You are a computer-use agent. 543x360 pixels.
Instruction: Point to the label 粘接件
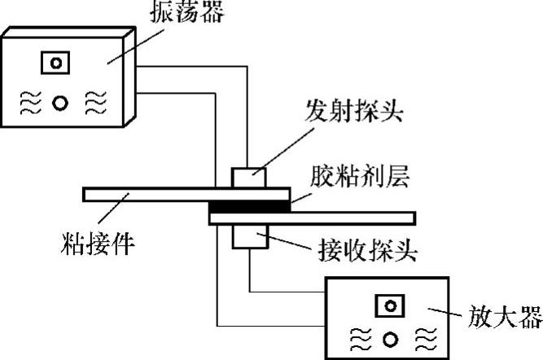click(99, 242)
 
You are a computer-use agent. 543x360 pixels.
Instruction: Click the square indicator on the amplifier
click(389, 305)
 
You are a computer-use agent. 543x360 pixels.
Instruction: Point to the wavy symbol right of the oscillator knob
click(94, 103)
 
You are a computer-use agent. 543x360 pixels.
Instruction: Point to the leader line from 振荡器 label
click(130, 45)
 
